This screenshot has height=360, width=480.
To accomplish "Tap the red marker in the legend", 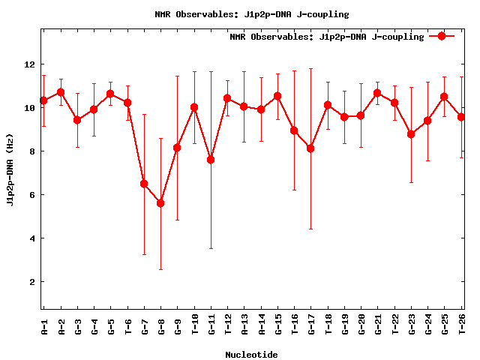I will (442, 36).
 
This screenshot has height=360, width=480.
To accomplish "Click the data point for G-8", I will (160, 202).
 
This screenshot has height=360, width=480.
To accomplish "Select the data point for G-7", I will (144, 184).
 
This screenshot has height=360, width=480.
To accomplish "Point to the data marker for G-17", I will (310, 148).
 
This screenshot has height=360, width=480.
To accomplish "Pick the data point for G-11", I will (211, 160).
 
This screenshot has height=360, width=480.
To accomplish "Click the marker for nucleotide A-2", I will (61, 92).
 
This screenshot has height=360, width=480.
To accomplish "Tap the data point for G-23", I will (411, 134).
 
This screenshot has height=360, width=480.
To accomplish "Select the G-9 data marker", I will (177, 148).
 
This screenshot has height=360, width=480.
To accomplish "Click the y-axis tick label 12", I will (29, 64).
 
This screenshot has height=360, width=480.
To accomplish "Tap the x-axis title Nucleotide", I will (251, 355).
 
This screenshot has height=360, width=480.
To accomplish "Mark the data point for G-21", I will (377, 93).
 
